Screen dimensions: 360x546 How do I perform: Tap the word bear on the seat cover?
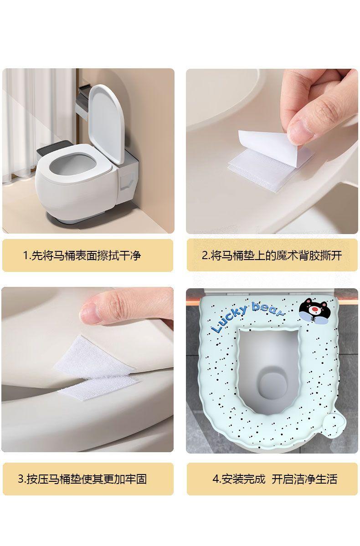267,309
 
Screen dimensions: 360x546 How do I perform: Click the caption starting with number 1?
82,255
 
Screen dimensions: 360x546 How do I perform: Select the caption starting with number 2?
272,255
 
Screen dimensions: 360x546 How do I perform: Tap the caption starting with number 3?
82,479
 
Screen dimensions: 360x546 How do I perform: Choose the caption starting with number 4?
275,479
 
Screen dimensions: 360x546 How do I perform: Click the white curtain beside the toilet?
38,125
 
